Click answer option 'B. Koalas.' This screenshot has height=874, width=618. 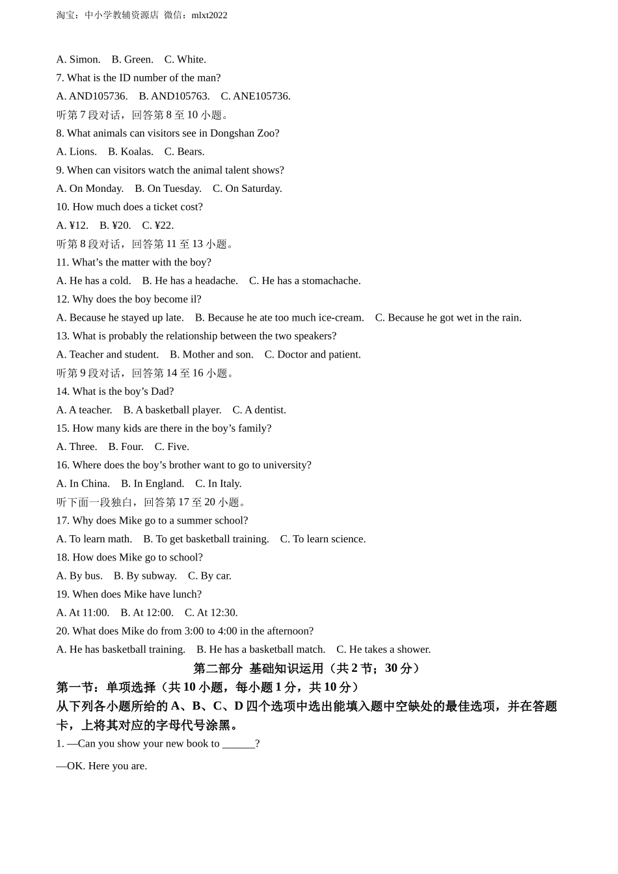click(130, 152)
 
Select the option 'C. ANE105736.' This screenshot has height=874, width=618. click(255, 96)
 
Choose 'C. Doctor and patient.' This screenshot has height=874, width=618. click(312, 354)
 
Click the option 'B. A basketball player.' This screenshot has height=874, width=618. click(172, 410)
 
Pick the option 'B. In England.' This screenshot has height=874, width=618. click(152, 484)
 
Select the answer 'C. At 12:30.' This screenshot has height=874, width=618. click(211, 613)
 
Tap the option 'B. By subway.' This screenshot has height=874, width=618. click(145, 576)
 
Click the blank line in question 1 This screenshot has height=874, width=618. click(238, 744)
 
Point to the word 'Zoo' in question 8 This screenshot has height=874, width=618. click(265, 133)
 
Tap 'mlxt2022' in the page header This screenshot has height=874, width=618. click(209, 15)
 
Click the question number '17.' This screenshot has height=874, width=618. click(62, 520)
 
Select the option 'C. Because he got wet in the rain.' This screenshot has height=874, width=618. click(448, 318)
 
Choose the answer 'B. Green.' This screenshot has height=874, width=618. click(132, 60)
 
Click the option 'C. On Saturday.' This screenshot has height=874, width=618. click(247, 189)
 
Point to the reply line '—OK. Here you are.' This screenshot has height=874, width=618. click(101, 766)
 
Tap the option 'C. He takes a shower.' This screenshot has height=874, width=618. click(383, 650)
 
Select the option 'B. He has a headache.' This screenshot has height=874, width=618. click(190, 281)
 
